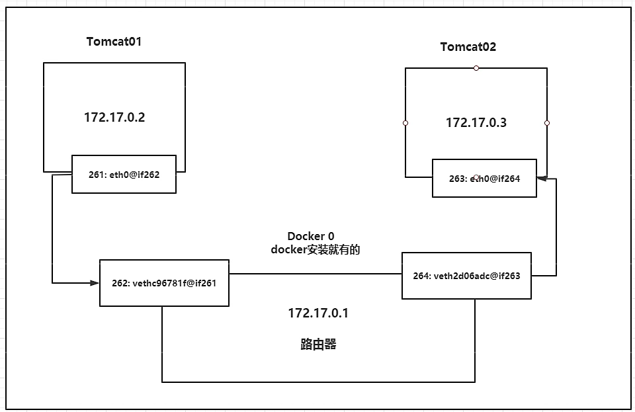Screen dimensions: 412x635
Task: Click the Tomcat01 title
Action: tap(114, 42)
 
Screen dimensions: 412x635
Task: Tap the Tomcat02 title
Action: tap(468, 47)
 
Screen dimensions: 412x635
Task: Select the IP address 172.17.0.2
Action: tap(114, 118)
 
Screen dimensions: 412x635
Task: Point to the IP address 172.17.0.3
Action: tap(476, 122)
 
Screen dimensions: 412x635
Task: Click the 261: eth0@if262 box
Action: tap(124, 175)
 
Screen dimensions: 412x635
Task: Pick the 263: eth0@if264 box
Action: tap(484, 178)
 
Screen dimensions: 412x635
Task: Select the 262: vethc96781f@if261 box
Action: tap(164, 283)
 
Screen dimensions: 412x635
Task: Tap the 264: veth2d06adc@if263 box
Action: tap(466, 276)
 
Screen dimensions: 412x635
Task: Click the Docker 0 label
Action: tap(310, 236)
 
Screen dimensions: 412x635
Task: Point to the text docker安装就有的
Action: tap(316, 250)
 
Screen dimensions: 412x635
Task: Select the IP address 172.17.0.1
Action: tap(317, 313)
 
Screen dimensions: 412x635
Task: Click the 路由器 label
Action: tap(318, 345)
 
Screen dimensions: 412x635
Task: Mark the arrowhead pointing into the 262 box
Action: tap(94, 283)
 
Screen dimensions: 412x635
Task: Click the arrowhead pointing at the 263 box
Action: tap(542, 178)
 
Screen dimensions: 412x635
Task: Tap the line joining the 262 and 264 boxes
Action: tap(315, 274)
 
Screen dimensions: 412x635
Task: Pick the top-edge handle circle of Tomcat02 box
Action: tap(476, 68)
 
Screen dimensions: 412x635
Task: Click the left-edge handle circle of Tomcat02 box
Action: tap(405, 123)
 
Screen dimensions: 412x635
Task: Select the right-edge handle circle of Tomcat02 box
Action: tap(547, 123)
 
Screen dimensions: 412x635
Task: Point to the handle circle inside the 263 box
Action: tap(476, 177)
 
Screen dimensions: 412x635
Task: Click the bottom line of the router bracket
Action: tap(318, 382)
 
